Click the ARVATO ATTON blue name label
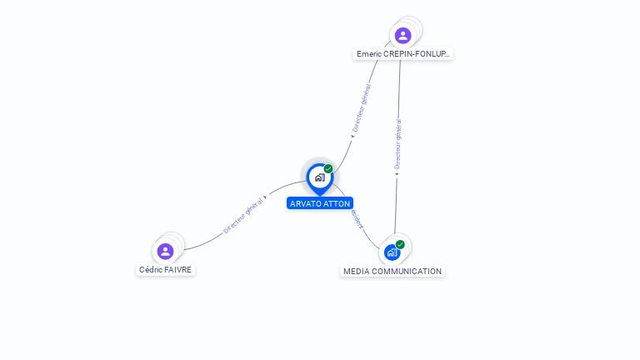point(320,203)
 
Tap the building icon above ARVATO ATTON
point(319,177)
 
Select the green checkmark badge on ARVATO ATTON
point(328,169)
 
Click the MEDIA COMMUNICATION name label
point(392,271)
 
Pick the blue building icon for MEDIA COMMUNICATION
point(392,252)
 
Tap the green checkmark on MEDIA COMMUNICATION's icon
point(400,244)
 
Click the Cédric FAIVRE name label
point(165,269)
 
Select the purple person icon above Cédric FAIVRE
point(165,251)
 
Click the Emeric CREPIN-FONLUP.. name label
point(403,53)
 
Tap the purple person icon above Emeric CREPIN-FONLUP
point(402,35)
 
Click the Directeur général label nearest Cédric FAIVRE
point(243,215)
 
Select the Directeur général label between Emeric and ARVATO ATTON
point(362,109)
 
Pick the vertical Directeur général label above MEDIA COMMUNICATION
point(398,143)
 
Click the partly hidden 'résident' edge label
point(357,218)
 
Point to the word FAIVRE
point(178,269)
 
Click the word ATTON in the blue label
point(337,203)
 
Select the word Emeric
point(368,53)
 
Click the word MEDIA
point(356,271)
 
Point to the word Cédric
point(152,269)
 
